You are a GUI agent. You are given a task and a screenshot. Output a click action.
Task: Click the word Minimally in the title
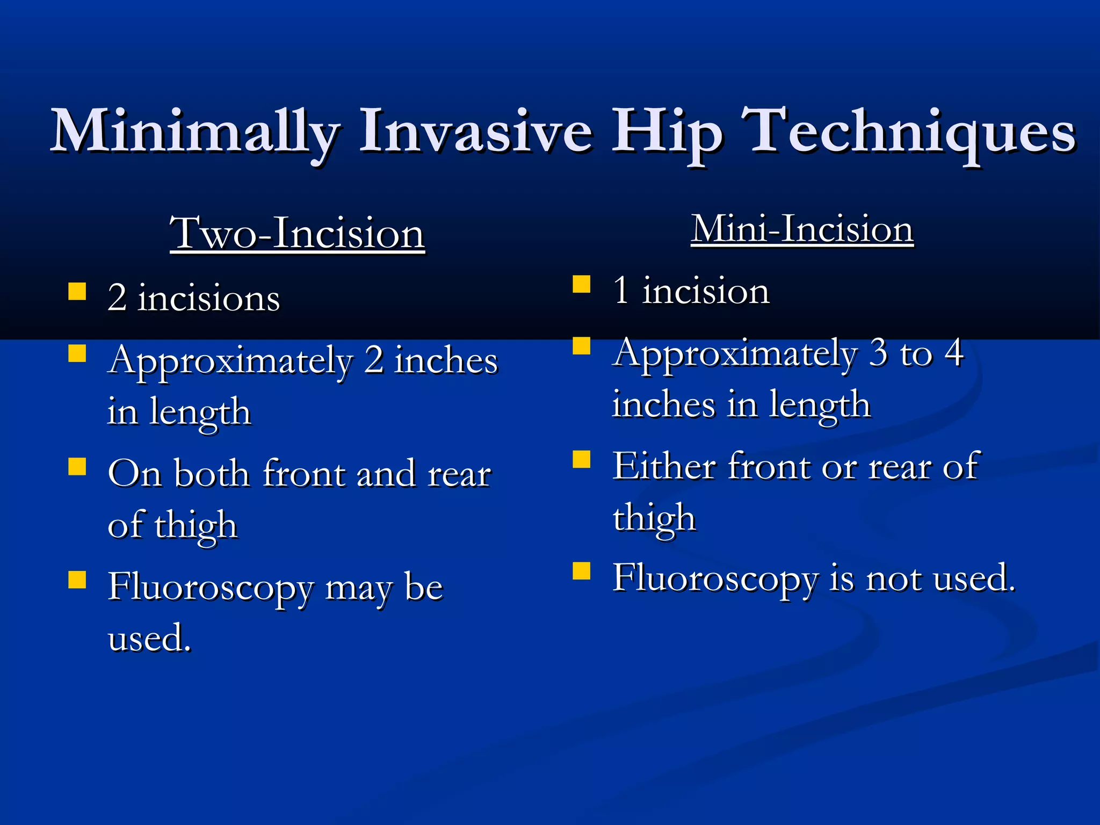coord(194,132)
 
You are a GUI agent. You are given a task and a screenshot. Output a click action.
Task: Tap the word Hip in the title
coord(667,132)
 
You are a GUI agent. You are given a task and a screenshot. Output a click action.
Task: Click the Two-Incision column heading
coord(297,233)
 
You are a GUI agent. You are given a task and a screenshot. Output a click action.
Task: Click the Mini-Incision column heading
coord(802,229)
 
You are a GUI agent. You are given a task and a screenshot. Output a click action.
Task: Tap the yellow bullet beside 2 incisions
coord(77,291)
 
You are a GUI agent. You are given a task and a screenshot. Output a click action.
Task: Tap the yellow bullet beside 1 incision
coord(581,284)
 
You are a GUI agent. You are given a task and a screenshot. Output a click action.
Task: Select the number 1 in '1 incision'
coord(621,290)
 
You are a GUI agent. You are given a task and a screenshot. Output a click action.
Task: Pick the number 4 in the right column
coord(954,353)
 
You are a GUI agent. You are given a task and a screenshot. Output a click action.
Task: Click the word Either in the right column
coord(664,466)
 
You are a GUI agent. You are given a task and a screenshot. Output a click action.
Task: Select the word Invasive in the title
coord(475,132)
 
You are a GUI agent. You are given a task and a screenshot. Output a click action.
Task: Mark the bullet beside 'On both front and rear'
coord(77,466)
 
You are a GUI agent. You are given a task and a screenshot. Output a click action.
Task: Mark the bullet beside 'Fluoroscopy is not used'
coord(581,571)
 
